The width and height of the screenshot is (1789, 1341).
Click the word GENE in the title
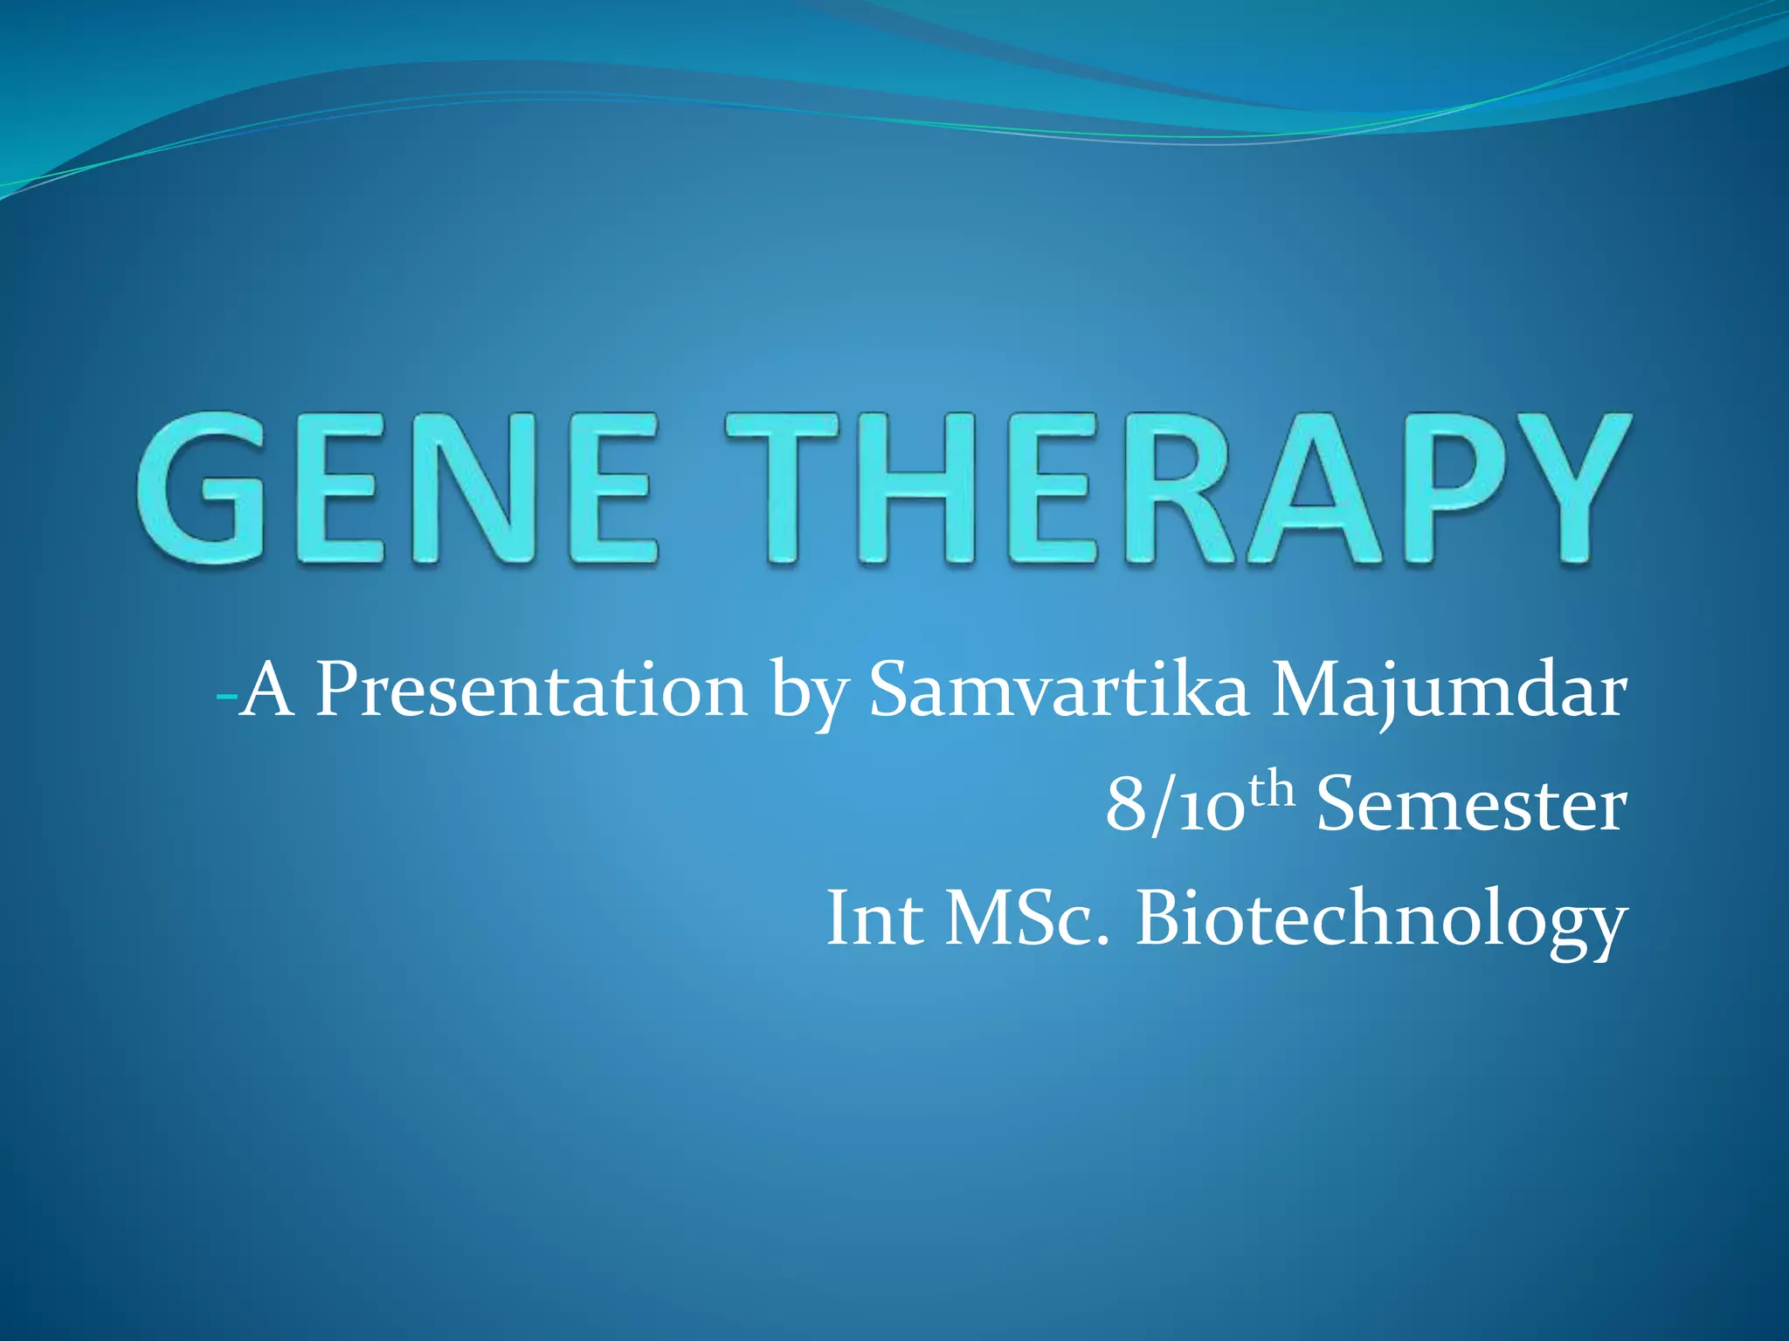coord(397,489)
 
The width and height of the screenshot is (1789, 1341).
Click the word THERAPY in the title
coord(1179,489)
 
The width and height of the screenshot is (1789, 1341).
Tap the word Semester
coord(1471,805)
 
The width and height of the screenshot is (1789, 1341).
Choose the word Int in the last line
coord(874,918)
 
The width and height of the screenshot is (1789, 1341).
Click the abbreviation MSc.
coord(1027,918)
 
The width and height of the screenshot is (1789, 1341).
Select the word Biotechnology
coord(1380,922)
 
